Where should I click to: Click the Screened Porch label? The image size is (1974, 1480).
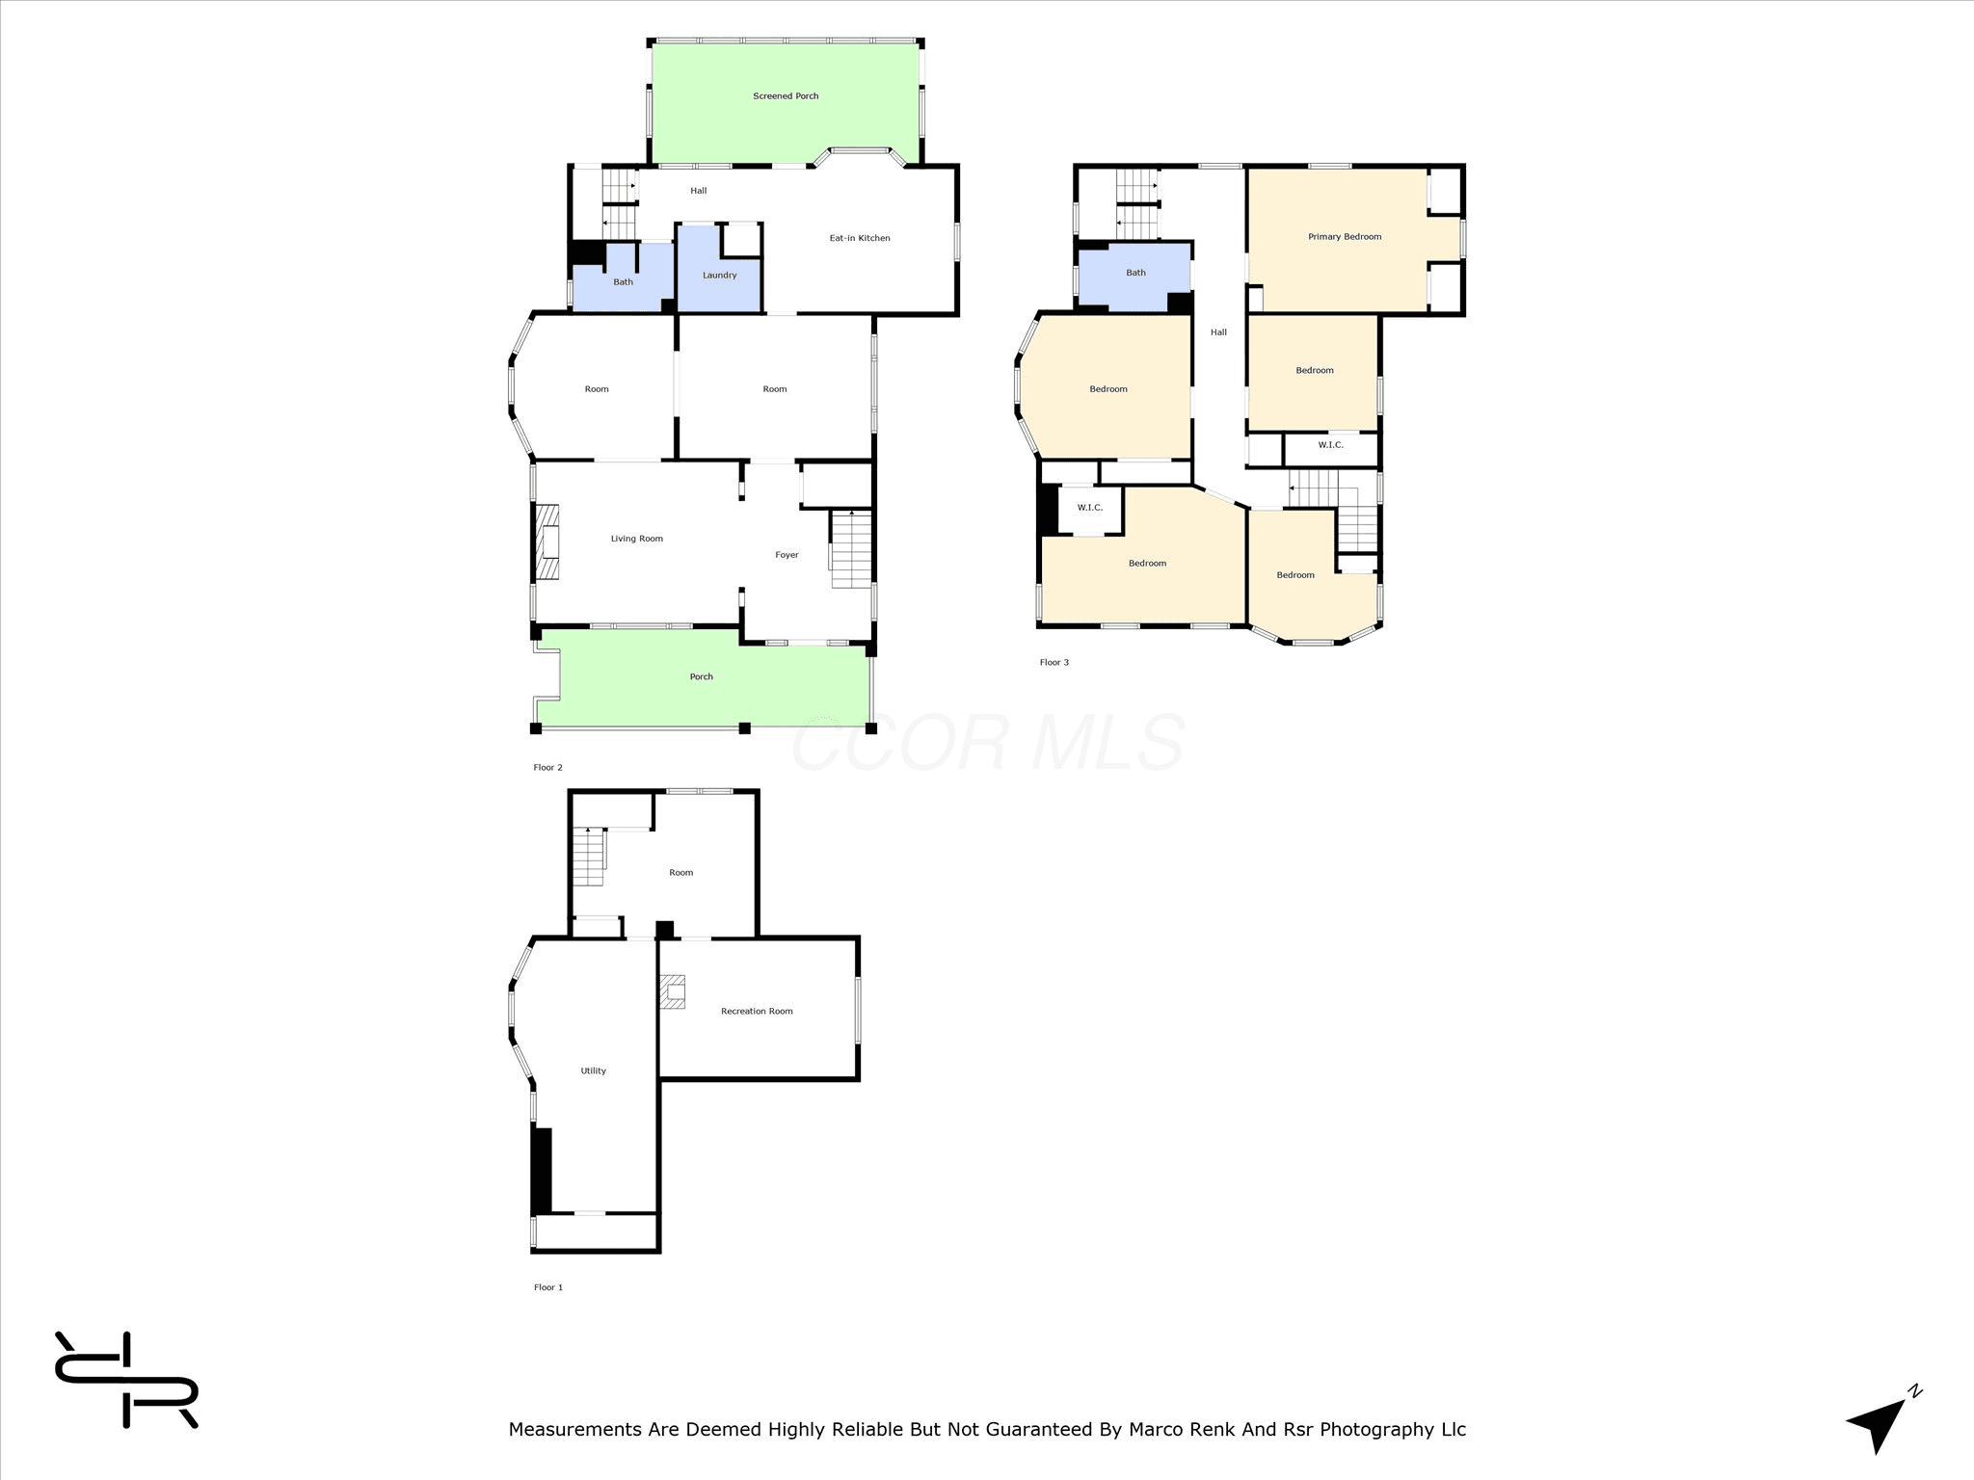click(786, 96)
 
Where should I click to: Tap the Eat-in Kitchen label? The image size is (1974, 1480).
click(860, 238)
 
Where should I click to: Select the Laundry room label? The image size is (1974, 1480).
click(720, 276)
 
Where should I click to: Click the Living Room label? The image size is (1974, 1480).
click(637, 539)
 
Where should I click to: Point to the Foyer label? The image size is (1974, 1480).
click(787, 555)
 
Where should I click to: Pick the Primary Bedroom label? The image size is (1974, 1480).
click(1345, 237)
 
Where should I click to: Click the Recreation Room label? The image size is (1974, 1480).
click(757, 1011)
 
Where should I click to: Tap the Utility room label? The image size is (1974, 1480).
click(594, 1070)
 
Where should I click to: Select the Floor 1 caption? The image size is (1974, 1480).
click(548, 1287)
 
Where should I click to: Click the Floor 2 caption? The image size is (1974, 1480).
click(548, 768)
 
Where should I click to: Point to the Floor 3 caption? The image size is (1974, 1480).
click(1054, 662)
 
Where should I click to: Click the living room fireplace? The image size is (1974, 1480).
click(547, 543)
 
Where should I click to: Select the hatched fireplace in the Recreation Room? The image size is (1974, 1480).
click(673, 991)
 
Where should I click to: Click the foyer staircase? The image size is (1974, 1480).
click(851, 549)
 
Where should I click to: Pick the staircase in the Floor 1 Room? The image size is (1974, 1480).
click(589, 857)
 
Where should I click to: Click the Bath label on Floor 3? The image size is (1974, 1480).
click(1136, 273)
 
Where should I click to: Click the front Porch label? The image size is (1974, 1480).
click(701, 676)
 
